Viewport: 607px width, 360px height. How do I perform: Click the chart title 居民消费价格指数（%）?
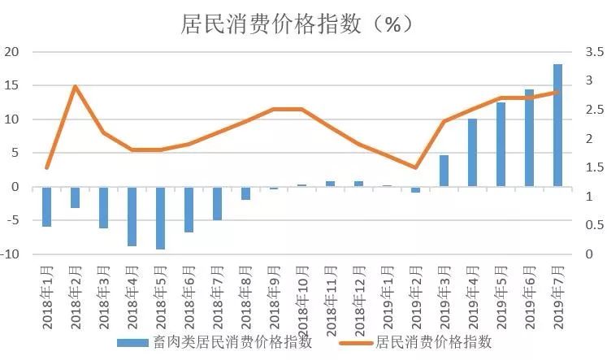[x=297, y=24]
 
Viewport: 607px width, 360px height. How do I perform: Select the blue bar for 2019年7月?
[x=558, y=125]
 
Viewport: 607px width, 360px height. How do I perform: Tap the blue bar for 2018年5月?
[x=160, y=218]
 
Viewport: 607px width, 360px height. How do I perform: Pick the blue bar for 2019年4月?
[x=473, y=153]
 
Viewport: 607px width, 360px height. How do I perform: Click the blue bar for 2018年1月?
[x=47, y=206]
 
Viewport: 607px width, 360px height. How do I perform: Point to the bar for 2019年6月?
[x=530, y=137]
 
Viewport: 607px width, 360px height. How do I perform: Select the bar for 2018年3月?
[x=103, y=207]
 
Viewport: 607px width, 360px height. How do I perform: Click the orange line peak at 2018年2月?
[x=75, y=86]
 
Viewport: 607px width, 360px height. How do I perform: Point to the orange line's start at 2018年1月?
[x=47, y=167]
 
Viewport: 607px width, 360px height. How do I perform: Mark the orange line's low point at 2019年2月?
[x=416, y=167]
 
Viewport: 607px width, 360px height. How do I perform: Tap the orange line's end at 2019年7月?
[x=558, y=92]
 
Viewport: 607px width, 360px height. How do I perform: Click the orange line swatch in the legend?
[x=351, y=342]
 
